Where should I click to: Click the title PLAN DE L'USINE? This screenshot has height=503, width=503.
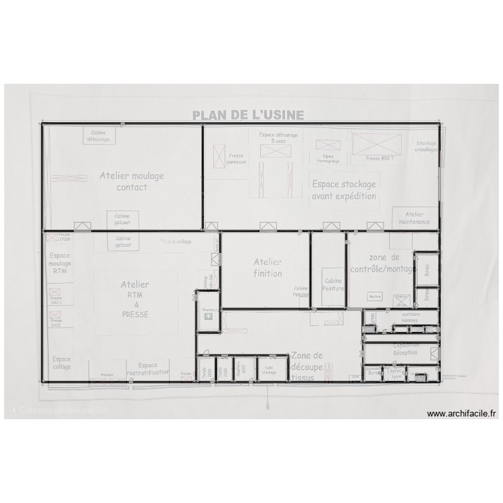coord(248,115)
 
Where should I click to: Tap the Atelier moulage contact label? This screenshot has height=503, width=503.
coord(131,181)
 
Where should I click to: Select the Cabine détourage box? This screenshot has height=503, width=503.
coord(99,136)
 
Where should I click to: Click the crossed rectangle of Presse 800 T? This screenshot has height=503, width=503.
coord(376,145)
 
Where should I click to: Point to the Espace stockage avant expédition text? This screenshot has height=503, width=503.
coord(343,190)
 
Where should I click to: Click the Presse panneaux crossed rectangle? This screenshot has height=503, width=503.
coord(219,156)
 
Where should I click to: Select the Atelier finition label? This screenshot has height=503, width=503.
coord(268,268)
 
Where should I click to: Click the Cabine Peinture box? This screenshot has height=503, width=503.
coord(333,284)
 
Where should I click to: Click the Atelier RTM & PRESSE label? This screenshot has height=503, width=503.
coord(135,299)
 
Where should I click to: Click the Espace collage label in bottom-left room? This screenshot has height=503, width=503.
coord(61,363)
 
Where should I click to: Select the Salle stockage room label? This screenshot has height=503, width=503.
coord(269,371)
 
